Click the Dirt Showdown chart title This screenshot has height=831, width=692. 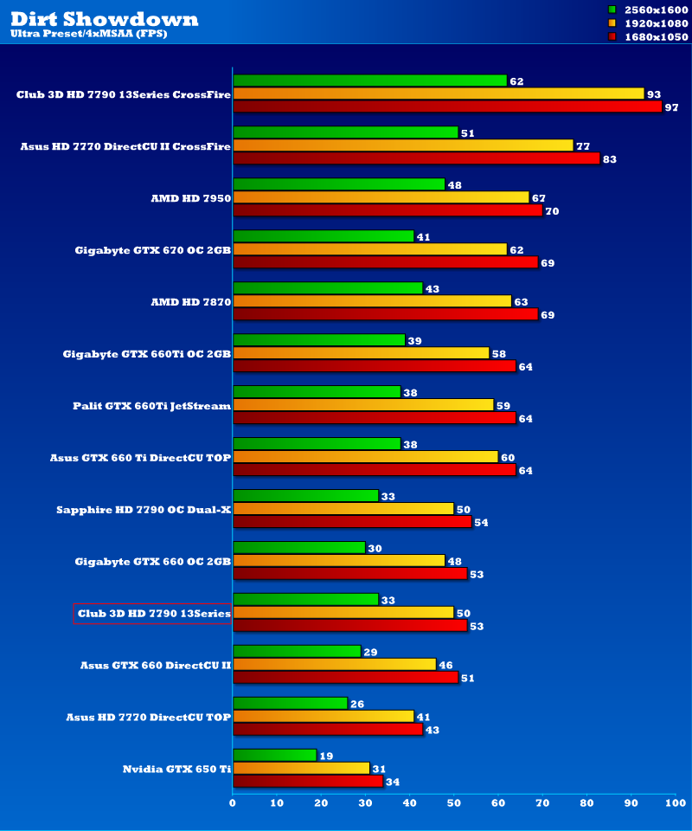[105, 18]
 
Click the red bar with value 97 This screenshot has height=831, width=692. [447, 106]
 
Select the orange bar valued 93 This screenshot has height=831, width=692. [439, 93]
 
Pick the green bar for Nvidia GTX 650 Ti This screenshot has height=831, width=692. [275, 756]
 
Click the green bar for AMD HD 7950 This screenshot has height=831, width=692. [339, 184]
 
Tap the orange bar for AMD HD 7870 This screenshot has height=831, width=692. [372, 301]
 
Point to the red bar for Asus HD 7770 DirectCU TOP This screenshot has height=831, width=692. [328, 730]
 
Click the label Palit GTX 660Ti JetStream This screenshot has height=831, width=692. [151, 405]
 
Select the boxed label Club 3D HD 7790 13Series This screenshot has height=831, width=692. [153, 614]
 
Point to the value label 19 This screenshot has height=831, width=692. [326, 756]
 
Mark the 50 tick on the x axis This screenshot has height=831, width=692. [454, 804]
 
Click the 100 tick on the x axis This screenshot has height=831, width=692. [675, 804]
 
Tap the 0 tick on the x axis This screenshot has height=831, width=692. [233, 804]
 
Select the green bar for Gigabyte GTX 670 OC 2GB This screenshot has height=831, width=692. [324, 236]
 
